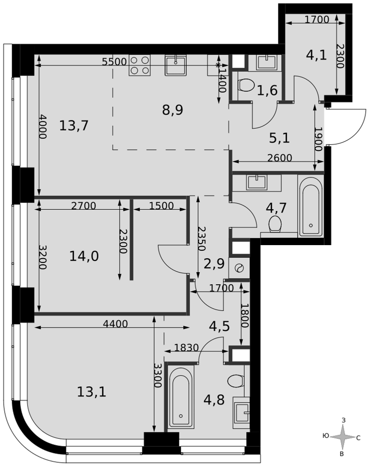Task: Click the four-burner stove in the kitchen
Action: click(x=139, y=65)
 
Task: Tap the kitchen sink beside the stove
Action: click(x=176, y=65)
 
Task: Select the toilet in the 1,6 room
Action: click(x=246, y=85)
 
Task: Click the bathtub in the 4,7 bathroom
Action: click(x=311, y=206)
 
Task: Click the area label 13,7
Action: click(x=74, y=125)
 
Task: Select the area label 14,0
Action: click(x=84, y=256)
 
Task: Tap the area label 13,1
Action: click(x=92, y=392)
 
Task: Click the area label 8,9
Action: click(x=172, y=110)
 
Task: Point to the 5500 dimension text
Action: click(x=114, y=62)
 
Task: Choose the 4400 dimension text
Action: click(x=115, y=324)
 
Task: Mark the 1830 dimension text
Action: click(x=186, y=348)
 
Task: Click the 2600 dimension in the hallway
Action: click(x=279, y=158)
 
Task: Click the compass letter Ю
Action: click(x=326, y=436)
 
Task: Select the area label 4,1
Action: click(x=317, y=55)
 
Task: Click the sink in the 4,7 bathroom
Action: click(x=256, y=182)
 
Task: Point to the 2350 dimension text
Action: click(x=202, y=239)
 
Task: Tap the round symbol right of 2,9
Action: click(x=239, y=268)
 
